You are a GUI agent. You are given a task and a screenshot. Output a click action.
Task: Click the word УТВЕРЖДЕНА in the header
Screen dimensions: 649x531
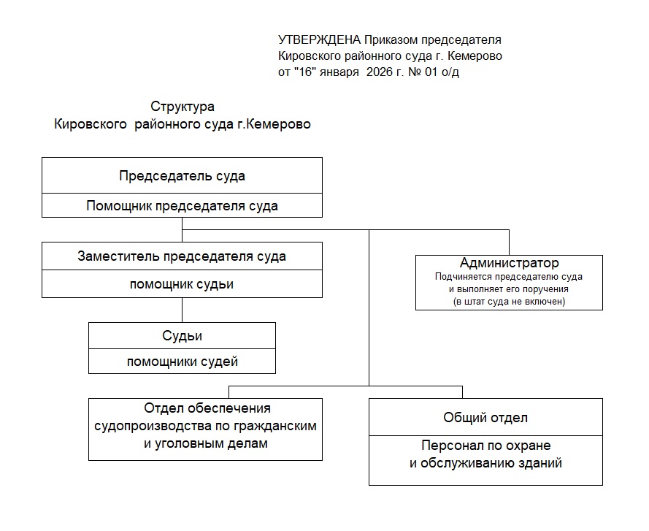pos(319,39)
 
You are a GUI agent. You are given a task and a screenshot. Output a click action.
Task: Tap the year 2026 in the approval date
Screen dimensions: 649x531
pos(379,72)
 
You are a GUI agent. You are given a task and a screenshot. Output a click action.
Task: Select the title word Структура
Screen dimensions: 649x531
pos(182,107)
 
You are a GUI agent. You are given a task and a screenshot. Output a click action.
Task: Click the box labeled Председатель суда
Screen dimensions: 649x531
pos(182,175)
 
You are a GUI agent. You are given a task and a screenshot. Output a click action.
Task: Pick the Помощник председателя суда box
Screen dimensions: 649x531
pos(182,205)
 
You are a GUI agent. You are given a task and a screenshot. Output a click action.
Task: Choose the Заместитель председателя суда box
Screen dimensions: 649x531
pos(182,256)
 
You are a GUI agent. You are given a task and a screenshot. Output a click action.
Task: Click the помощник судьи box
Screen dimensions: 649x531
pos(182,284)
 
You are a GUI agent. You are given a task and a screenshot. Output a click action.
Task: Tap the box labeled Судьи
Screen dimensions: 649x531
pos(182,335)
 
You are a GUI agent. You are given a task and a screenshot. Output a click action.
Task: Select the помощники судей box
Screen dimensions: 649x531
pos(182,361)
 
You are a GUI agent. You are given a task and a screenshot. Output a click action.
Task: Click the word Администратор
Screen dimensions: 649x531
pos(509,263)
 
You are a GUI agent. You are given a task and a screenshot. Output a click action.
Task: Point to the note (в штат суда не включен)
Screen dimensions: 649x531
pos(509,302)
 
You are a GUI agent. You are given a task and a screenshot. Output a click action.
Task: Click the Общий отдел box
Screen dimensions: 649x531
pos(485,417)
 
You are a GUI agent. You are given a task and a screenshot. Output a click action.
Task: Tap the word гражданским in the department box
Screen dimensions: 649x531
pos(274,427)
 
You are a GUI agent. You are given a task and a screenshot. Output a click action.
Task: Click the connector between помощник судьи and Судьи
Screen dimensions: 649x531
pos(182,310)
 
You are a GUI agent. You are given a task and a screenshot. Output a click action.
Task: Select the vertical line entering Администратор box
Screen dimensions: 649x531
pos(509,242)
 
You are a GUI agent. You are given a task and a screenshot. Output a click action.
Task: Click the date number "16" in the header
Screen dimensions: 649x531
pos(305,72)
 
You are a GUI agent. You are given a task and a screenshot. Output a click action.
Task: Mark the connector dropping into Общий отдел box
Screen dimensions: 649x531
pos(462,392)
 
